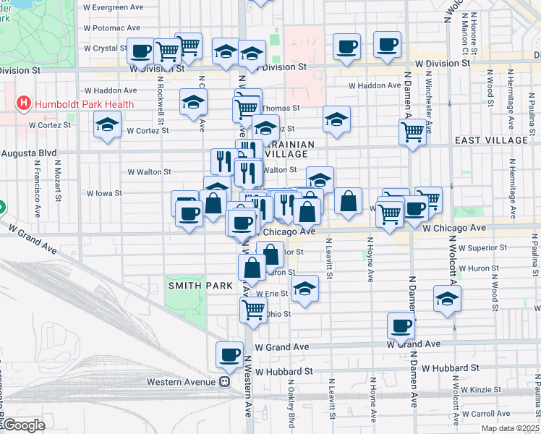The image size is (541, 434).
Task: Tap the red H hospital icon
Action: [x=23, y=103]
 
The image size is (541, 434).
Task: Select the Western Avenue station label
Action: [x=182, y=381]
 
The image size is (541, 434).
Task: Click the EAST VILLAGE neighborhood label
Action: [x=492, y=140]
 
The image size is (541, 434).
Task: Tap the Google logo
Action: [x=23, y=425]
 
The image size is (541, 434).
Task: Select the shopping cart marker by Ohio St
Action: [x=253, y=310]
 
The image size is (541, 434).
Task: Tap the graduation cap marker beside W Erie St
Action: [x=305, y=292]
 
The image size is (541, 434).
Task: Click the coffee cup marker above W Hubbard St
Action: [x=230, y=354]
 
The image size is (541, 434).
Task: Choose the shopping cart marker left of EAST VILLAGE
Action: [x=412, y=132]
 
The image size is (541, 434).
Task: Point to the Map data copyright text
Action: [x=507, y=428]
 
